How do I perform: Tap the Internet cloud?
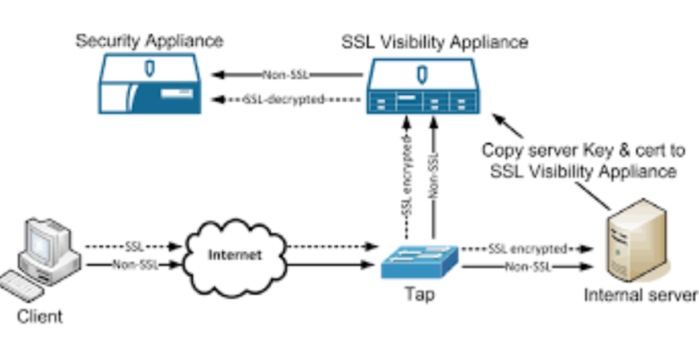(x=235, y=255)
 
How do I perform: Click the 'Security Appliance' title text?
(x=149, y=40)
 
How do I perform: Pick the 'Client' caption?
(x=40, y=317)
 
